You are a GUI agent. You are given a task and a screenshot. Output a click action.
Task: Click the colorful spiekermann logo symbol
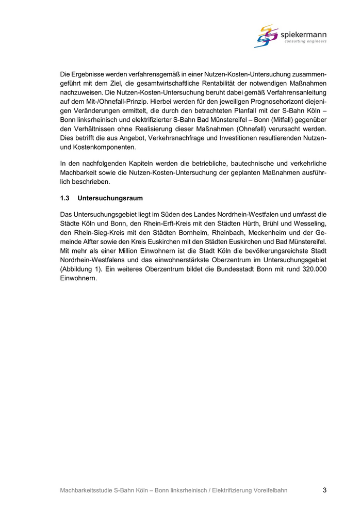(266, 36)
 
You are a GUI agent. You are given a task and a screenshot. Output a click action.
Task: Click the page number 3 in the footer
(324, 490)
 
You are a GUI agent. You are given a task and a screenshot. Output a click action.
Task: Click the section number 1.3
(64, 198)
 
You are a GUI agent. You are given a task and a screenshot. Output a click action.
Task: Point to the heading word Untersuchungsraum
(110, 198)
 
